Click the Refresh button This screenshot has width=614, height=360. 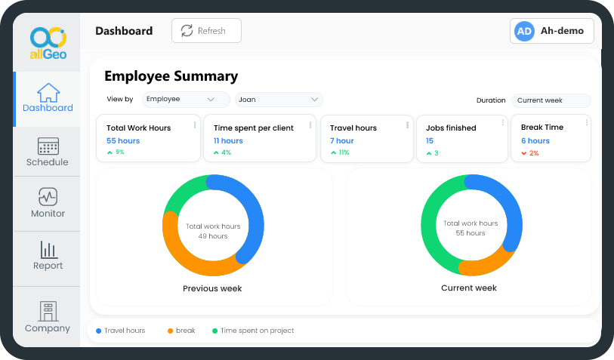(206, 31)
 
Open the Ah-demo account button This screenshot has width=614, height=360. (552, 31)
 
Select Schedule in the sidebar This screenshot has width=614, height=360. (47, 152)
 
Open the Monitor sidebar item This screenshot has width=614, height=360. (48, 204)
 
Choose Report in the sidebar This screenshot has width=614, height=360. (48, 256)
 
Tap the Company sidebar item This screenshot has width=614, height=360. (48, 318)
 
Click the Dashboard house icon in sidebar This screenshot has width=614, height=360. (48, 93)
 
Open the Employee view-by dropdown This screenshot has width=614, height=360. (186, 100)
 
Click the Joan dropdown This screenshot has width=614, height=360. (279, 100)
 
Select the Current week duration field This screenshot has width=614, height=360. (551, 100)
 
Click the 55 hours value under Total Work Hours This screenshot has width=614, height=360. (123, 141)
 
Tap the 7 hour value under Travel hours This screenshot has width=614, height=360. (342, 141)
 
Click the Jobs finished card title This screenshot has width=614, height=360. (451, 128)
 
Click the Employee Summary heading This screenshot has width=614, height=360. (171, 76)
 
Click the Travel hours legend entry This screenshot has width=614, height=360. (124, 331)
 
